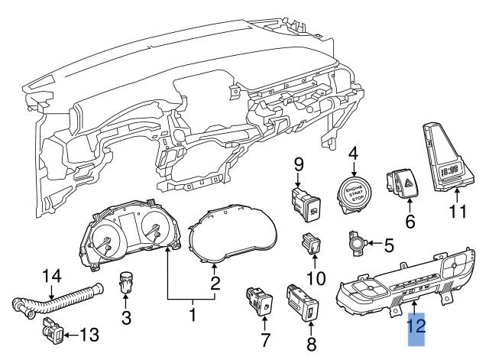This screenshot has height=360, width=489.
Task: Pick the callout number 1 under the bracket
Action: pos(193,313)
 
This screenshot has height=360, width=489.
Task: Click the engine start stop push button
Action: pos(352,191)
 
